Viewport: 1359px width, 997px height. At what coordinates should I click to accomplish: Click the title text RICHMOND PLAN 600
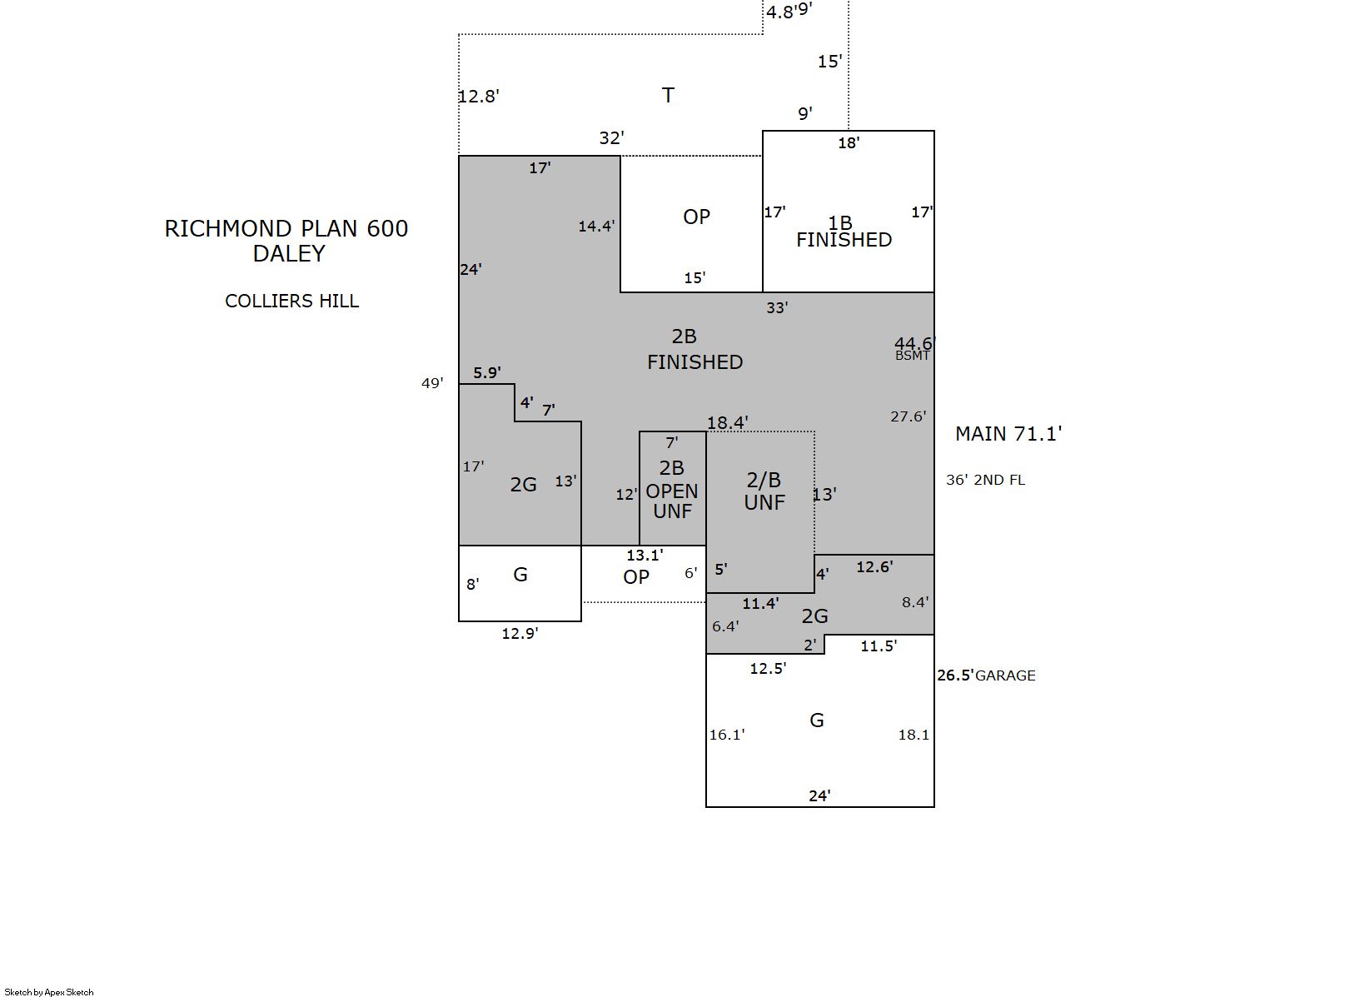(x=286, y=229)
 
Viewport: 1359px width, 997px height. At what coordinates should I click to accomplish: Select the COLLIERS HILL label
(x=291, y=301)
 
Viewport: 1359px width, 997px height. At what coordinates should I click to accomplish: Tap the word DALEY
(x=289, y=254)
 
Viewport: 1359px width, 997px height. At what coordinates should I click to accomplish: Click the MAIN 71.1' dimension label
(x=1008, y=434)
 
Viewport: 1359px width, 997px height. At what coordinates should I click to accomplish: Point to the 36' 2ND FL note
(x=985, y=480)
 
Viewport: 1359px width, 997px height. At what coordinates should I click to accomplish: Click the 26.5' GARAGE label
(x=986, y=675)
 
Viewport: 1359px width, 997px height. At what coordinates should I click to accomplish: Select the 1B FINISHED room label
(x=844, y=232)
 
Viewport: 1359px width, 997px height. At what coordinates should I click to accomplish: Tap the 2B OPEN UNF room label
(x=672, y=490)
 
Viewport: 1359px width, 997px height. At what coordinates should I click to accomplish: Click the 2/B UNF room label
(x=764, y=491)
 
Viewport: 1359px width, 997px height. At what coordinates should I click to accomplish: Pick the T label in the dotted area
(x=668, y=95)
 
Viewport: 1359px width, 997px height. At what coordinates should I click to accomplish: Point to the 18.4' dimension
(x=728, y=421)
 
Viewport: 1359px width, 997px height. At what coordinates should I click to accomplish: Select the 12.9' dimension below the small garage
(x=520, y=634)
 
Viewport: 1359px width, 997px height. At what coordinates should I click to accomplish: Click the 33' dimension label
(x=777, y=307)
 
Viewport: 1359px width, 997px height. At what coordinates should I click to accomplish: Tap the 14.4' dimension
(x=596, y=227)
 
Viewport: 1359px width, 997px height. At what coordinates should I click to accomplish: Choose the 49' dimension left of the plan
(x=432, y=383)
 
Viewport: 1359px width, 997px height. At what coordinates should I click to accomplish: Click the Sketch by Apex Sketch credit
(x=49, y=992)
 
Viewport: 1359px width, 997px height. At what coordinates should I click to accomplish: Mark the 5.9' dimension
(x=487, y=372)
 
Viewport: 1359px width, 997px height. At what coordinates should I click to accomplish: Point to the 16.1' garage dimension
(x=727, y=735)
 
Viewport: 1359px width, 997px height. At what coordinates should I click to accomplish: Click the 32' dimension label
(x=611, y=137)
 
